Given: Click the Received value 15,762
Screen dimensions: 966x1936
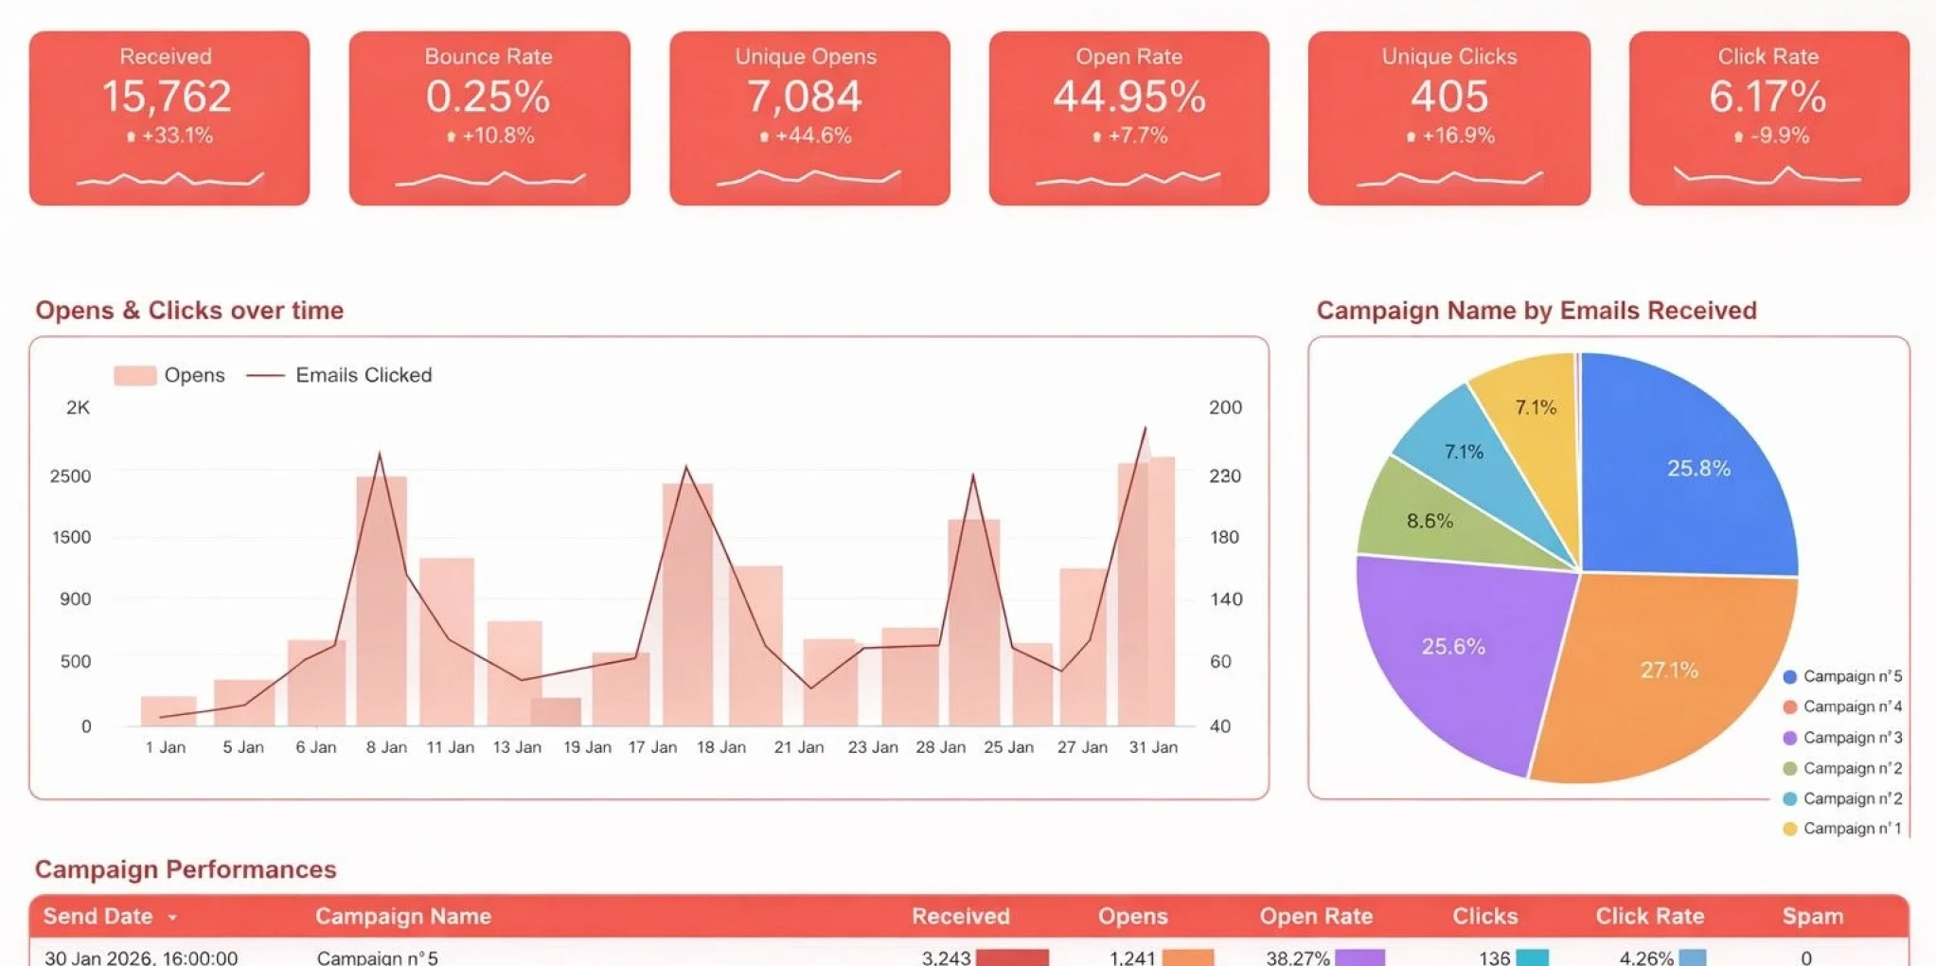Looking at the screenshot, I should click(x=167, y=97).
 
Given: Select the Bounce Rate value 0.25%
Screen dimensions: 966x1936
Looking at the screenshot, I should click(x=488, y=97).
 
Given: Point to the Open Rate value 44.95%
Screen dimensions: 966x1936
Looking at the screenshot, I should click(x=1128, y=97).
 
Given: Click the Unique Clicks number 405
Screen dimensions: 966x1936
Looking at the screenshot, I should click(x=1448, y=97).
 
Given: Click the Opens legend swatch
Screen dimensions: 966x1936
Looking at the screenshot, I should click(x=134, y=375).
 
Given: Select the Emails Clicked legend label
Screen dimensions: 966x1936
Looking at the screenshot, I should click(x=364, y=375).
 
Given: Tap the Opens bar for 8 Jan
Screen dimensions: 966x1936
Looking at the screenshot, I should click(x=382, y=606).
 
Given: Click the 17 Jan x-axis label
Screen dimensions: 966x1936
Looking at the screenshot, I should click(x=652, y=747).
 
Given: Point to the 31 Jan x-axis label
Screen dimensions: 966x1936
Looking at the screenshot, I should click(x=1153, y=747).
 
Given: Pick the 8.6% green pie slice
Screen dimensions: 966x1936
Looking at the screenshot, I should click(x=1429, y=521).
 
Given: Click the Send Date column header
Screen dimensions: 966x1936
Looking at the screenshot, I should click(x=98, y=916).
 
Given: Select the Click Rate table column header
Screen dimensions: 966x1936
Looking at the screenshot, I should click(x=1649, y=916).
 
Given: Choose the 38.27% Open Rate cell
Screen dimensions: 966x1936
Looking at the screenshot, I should click(x=1298, y=957).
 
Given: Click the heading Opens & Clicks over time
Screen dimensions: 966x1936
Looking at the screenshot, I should click(x=189, y=311).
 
